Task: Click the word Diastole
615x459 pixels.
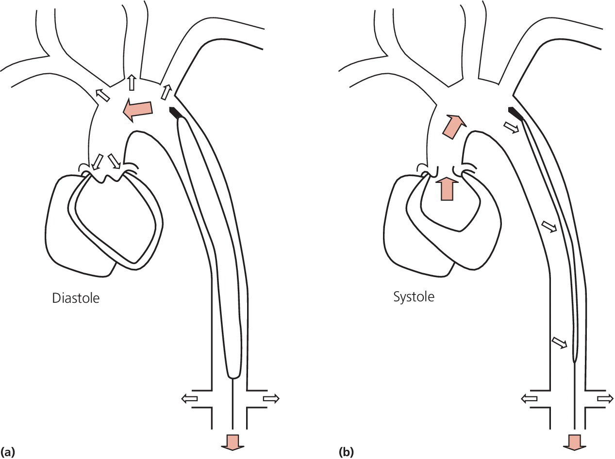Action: [76, 297]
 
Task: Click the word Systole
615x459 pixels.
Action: [414, 295]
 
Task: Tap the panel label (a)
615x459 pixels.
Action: [8, 452]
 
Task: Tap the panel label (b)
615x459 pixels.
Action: [347, 452]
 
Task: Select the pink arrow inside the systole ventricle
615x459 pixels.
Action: [448, 188]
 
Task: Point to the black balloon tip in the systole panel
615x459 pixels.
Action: [516, 113]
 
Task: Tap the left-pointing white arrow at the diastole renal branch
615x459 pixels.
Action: [189, 398]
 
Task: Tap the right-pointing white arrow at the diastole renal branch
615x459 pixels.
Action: [271, 398]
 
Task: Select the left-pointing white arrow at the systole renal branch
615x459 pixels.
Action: [530, 398]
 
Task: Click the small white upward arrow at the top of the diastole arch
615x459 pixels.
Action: [131, 82]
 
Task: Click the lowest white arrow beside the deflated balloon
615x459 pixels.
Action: [560, 342]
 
